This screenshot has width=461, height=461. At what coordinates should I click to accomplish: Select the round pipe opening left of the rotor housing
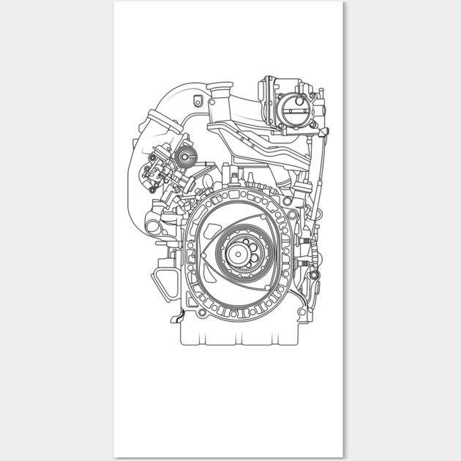pyautogui.click(x=153, y=226)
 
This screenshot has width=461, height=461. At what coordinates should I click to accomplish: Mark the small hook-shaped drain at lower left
pyautogui.click(x=173, y=318)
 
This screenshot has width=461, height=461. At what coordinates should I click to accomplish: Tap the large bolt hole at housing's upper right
pyautogui.click(x=286, y=198)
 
